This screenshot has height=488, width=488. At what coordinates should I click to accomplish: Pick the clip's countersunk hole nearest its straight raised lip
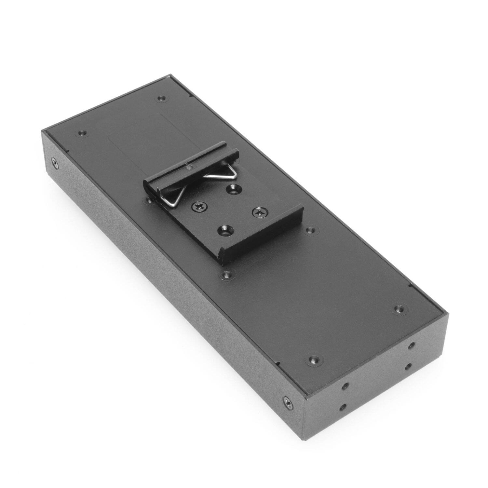(x=224, y=231)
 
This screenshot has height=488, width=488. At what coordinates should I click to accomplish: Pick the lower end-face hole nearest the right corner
(x=408, y=366)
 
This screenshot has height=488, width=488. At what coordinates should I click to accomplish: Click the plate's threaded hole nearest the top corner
(x=161, y=98)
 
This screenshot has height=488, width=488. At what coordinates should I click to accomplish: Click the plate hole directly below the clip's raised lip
(x=227, y=274)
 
